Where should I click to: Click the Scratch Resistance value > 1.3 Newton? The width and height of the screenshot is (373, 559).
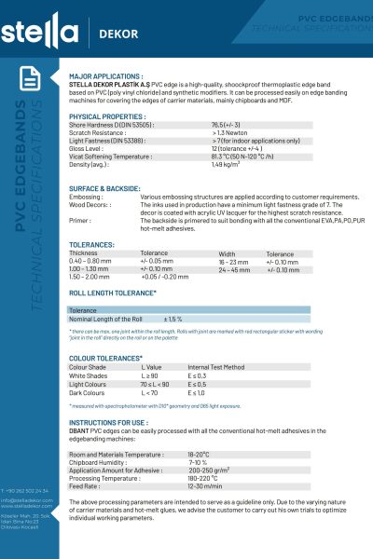229,131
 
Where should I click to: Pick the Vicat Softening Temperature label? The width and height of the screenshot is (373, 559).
110,157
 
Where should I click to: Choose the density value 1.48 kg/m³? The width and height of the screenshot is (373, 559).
228,165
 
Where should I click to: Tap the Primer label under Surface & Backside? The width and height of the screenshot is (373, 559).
80,221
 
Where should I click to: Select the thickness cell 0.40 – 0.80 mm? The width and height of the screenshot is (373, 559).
90,261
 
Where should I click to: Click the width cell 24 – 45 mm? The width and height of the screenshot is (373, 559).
233,269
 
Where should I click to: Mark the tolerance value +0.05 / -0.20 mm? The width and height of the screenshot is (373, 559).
164,277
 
